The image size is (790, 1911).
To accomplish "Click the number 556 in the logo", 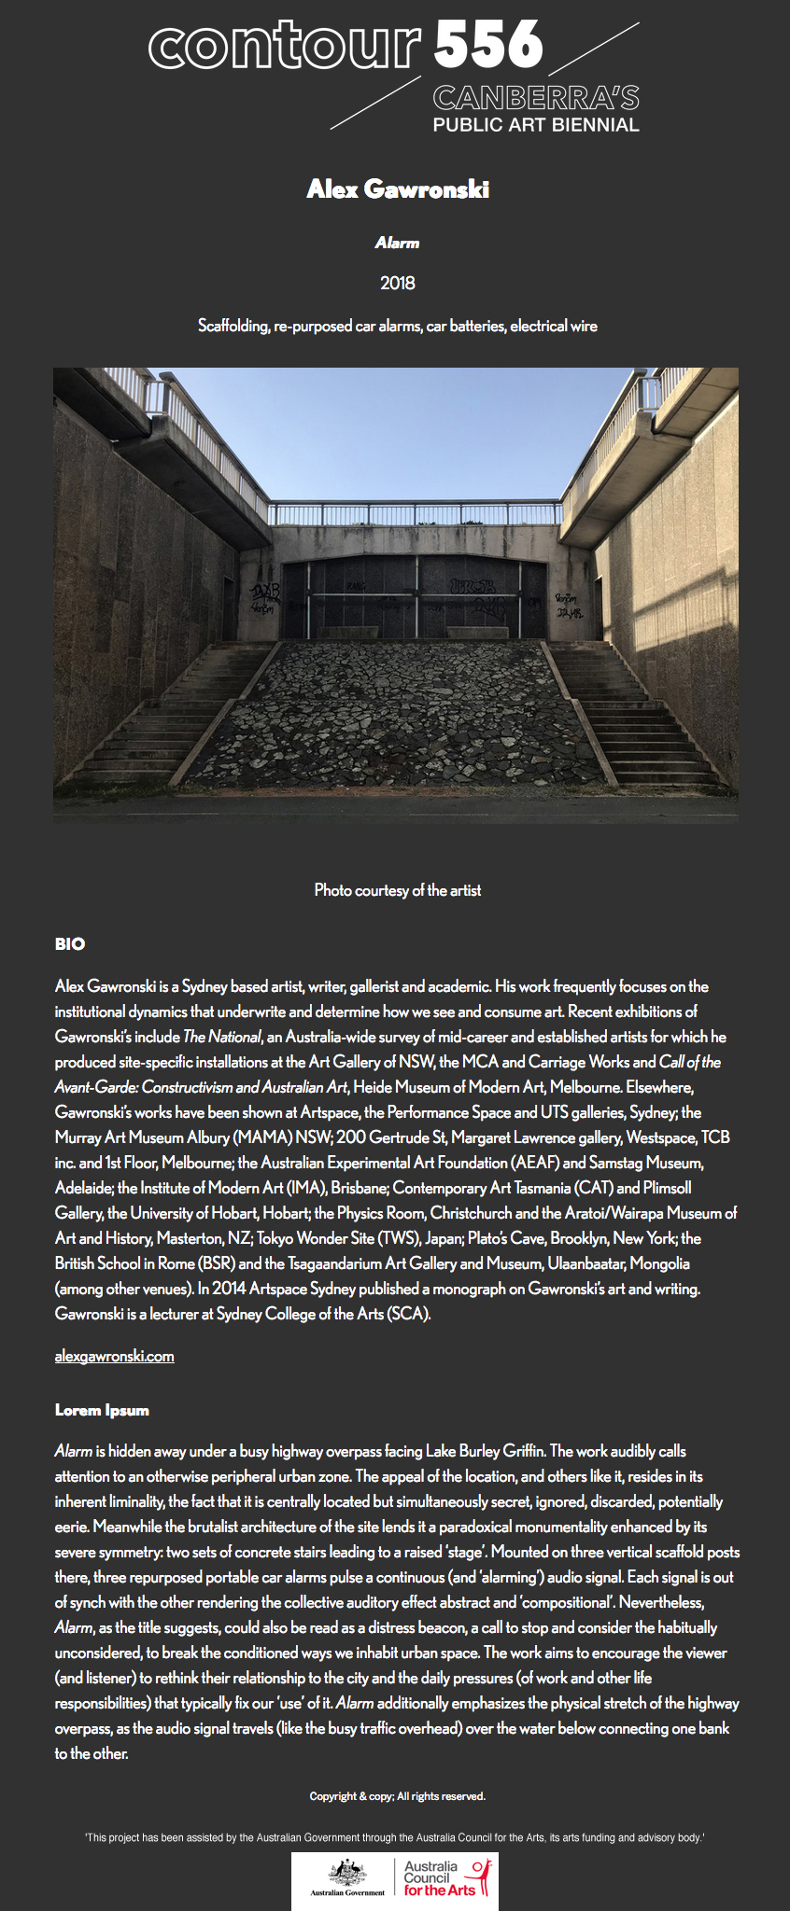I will click(x=488, y=45).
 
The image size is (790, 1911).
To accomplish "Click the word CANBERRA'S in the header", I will click(x=536, y=98).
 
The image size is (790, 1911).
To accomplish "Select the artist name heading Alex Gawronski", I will click(x=397, y=189).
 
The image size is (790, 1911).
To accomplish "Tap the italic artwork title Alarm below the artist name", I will click(x=397, y=244).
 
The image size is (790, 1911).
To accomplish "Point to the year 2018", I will click(x=397, y=283).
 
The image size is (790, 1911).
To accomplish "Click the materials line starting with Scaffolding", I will click(x=397, y=326).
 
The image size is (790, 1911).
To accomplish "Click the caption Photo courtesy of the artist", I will click(x=397, y=890).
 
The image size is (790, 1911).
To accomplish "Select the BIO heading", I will click(x=70, y=944).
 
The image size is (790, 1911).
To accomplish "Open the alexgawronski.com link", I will click(x=114, y=1356).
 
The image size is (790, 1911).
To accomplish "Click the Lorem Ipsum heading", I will click(x=102, y=1410).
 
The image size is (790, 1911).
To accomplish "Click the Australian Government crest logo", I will click(x=347, y=1877).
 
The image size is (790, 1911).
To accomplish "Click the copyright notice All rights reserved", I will click(x=397, y=1796).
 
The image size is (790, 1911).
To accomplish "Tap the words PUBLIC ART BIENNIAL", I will click(x=536, y=125).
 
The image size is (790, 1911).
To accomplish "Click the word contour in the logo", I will click(x=285, y=47).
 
